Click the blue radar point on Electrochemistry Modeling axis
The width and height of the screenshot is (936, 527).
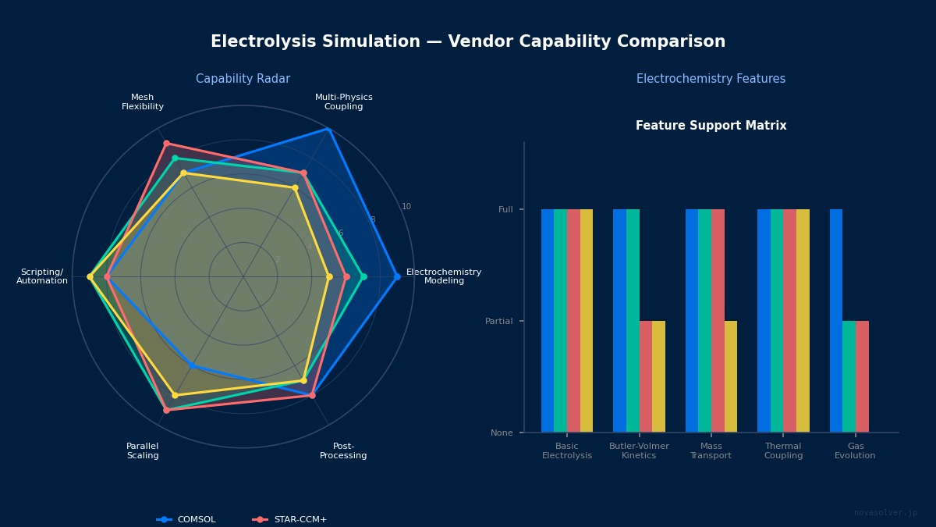(397, 276)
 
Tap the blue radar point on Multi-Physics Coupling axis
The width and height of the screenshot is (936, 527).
(328, 129)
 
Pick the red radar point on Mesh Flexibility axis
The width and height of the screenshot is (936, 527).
(166, 143)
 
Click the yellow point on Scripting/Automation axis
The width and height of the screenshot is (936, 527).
(90, 276)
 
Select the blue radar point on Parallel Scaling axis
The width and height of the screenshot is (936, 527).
(192, 365)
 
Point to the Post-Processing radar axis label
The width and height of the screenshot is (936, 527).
(343, 451)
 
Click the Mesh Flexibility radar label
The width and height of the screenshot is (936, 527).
(143, 102)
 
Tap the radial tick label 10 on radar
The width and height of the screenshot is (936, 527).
(406, 207)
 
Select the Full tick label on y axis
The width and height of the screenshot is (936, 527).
(505, 209)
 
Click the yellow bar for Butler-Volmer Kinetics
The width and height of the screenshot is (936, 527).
(658, 376)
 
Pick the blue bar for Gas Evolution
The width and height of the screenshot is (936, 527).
(836, 320)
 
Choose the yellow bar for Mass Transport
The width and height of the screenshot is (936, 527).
(731, 376)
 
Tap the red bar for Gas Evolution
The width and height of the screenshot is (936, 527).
(862, 376)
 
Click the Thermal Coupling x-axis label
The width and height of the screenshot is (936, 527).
(783, 451)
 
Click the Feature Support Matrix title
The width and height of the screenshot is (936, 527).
(711, 126)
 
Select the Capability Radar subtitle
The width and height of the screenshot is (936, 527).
(243, 79)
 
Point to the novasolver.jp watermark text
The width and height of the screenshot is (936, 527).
(885, 513)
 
